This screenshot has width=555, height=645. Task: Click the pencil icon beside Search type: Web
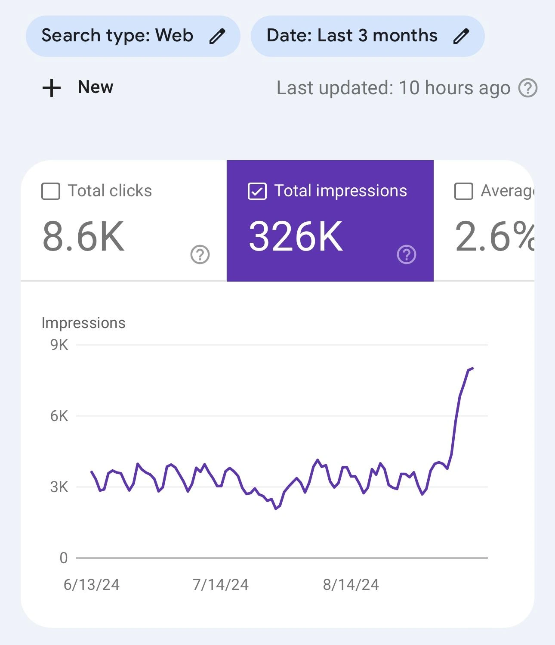[217, 36]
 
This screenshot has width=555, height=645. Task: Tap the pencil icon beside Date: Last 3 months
[461, 36]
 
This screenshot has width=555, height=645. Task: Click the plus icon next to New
[52, 88]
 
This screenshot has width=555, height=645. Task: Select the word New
[96, 87]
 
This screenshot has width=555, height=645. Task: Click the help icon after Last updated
[528, 88]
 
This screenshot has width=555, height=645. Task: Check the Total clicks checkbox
[51, 191]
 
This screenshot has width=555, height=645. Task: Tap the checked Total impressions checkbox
[257, 191]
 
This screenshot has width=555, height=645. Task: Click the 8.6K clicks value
[83, 237]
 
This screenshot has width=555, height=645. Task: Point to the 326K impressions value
[296, 237]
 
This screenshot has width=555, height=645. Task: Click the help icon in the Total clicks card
[200, 254]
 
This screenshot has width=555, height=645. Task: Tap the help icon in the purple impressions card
[407, 254]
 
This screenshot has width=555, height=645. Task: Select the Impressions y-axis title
[83, 323]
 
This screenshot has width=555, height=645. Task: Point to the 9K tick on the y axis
[59, 345]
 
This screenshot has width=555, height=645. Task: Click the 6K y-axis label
[59, 416]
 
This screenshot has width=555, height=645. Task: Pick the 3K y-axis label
[59, 487]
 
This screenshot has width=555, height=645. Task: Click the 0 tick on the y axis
[64, 558]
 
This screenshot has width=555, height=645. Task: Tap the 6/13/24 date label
[92, 585]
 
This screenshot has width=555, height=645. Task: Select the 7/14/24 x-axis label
[221, 585]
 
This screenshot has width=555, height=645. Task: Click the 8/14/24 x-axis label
[351, 585]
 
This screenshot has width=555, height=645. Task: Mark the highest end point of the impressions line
[472, 368]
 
